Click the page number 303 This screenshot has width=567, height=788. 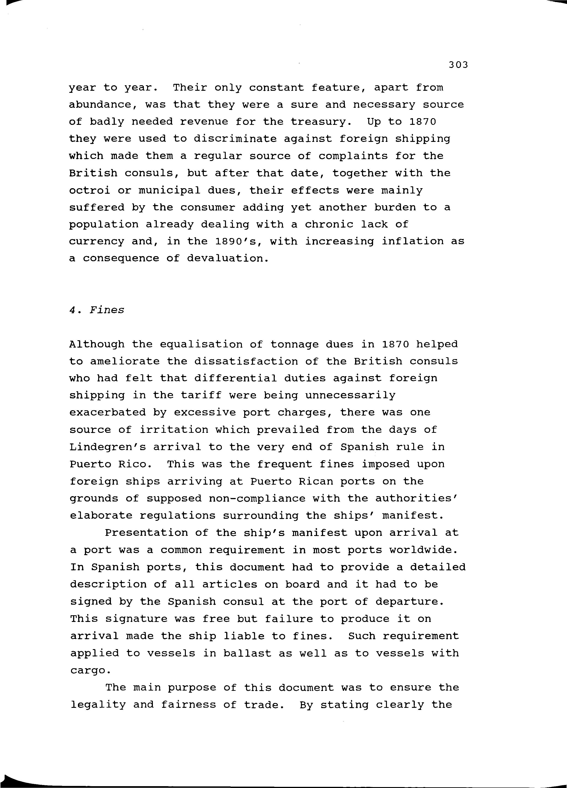tap(458, 65)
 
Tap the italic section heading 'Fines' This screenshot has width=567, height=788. tap(107, 310)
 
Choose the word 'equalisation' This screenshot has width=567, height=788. tap(201, 344)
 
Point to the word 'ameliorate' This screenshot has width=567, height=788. tap(125, 361)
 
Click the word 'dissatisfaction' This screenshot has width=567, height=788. tap(246, 361)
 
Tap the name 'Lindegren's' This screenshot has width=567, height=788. tap(107, 447)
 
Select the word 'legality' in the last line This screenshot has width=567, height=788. tap(98, 705)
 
